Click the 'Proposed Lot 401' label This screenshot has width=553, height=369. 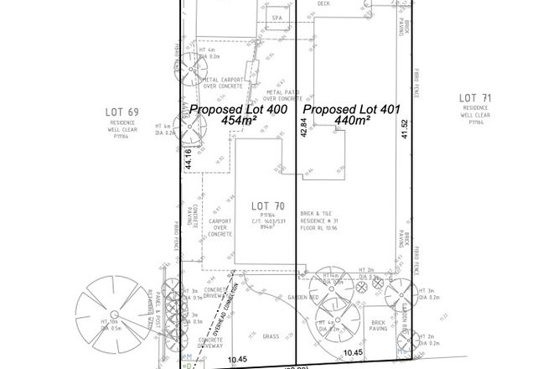[352, 109]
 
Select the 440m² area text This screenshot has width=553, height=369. [353, 121]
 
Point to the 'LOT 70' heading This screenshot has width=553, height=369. [268, 204]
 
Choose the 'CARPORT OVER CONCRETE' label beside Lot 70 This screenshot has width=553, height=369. [220, 228]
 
